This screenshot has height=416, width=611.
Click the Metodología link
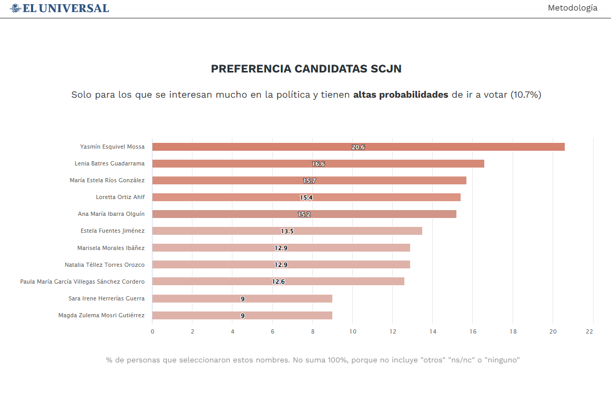point(572,8)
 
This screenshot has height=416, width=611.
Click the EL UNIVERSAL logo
point(59,8)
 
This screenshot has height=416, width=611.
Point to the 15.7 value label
point(309,181)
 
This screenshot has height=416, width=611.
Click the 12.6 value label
point(278,282)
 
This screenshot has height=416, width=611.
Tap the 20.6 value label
point(358,147)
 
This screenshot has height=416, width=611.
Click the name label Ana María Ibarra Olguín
point(111,214)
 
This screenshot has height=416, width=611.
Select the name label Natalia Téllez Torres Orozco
point(105,265)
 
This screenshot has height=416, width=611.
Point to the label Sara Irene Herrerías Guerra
point(107,298)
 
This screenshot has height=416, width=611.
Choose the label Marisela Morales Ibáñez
point(111,248)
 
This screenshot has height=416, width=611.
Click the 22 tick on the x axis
point(589,331)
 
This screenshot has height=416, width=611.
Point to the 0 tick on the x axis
point(152,331)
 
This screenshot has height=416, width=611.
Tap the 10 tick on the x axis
point(353,331)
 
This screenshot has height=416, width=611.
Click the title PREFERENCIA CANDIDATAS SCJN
point(306,69)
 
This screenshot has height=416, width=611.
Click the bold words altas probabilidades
point(401,95)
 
